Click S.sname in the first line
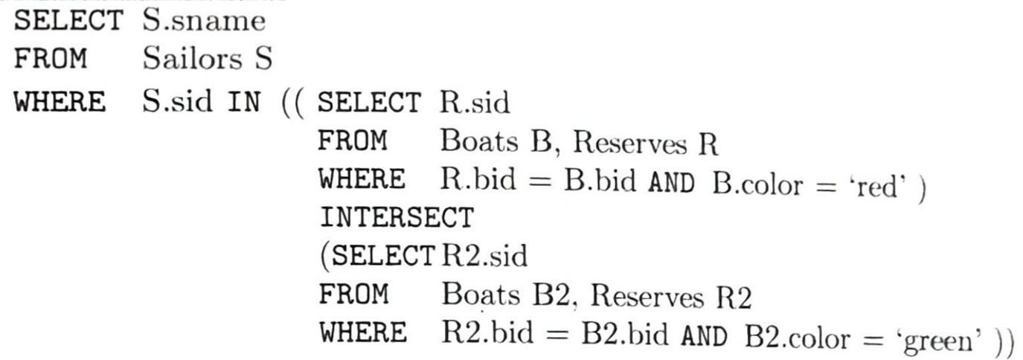203,22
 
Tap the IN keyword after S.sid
245,102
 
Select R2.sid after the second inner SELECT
482,257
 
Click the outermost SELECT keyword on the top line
68,22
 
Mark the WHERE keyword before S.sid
60,102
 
